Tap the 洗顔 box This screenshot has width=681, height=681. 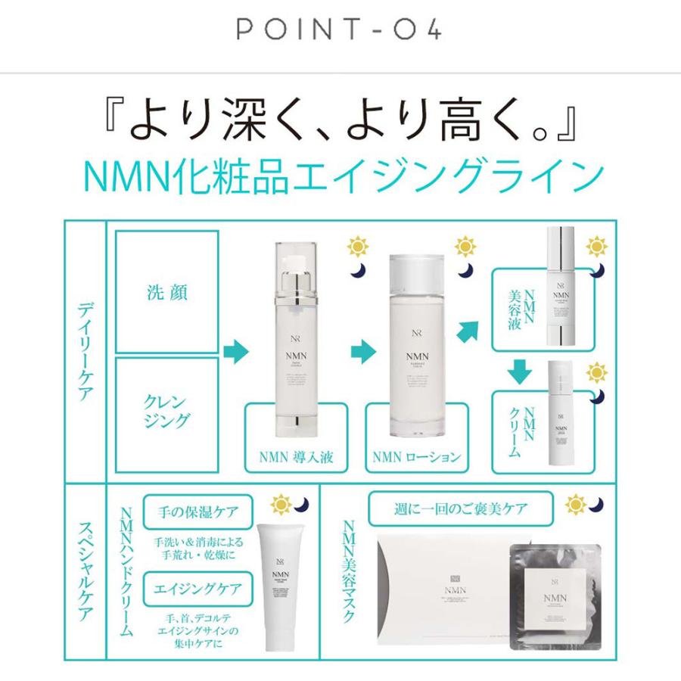point(167,291)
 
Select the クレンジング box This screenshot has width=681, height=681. point(167,409)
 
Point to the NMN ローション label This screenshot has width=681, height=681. point(417,457)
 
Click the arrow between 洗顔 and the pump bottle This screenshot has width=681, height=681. point(238,350)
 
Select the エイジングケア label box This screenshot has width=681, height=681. point(197,587)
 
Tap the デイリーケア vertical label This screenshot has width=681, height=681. point(85,350)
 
